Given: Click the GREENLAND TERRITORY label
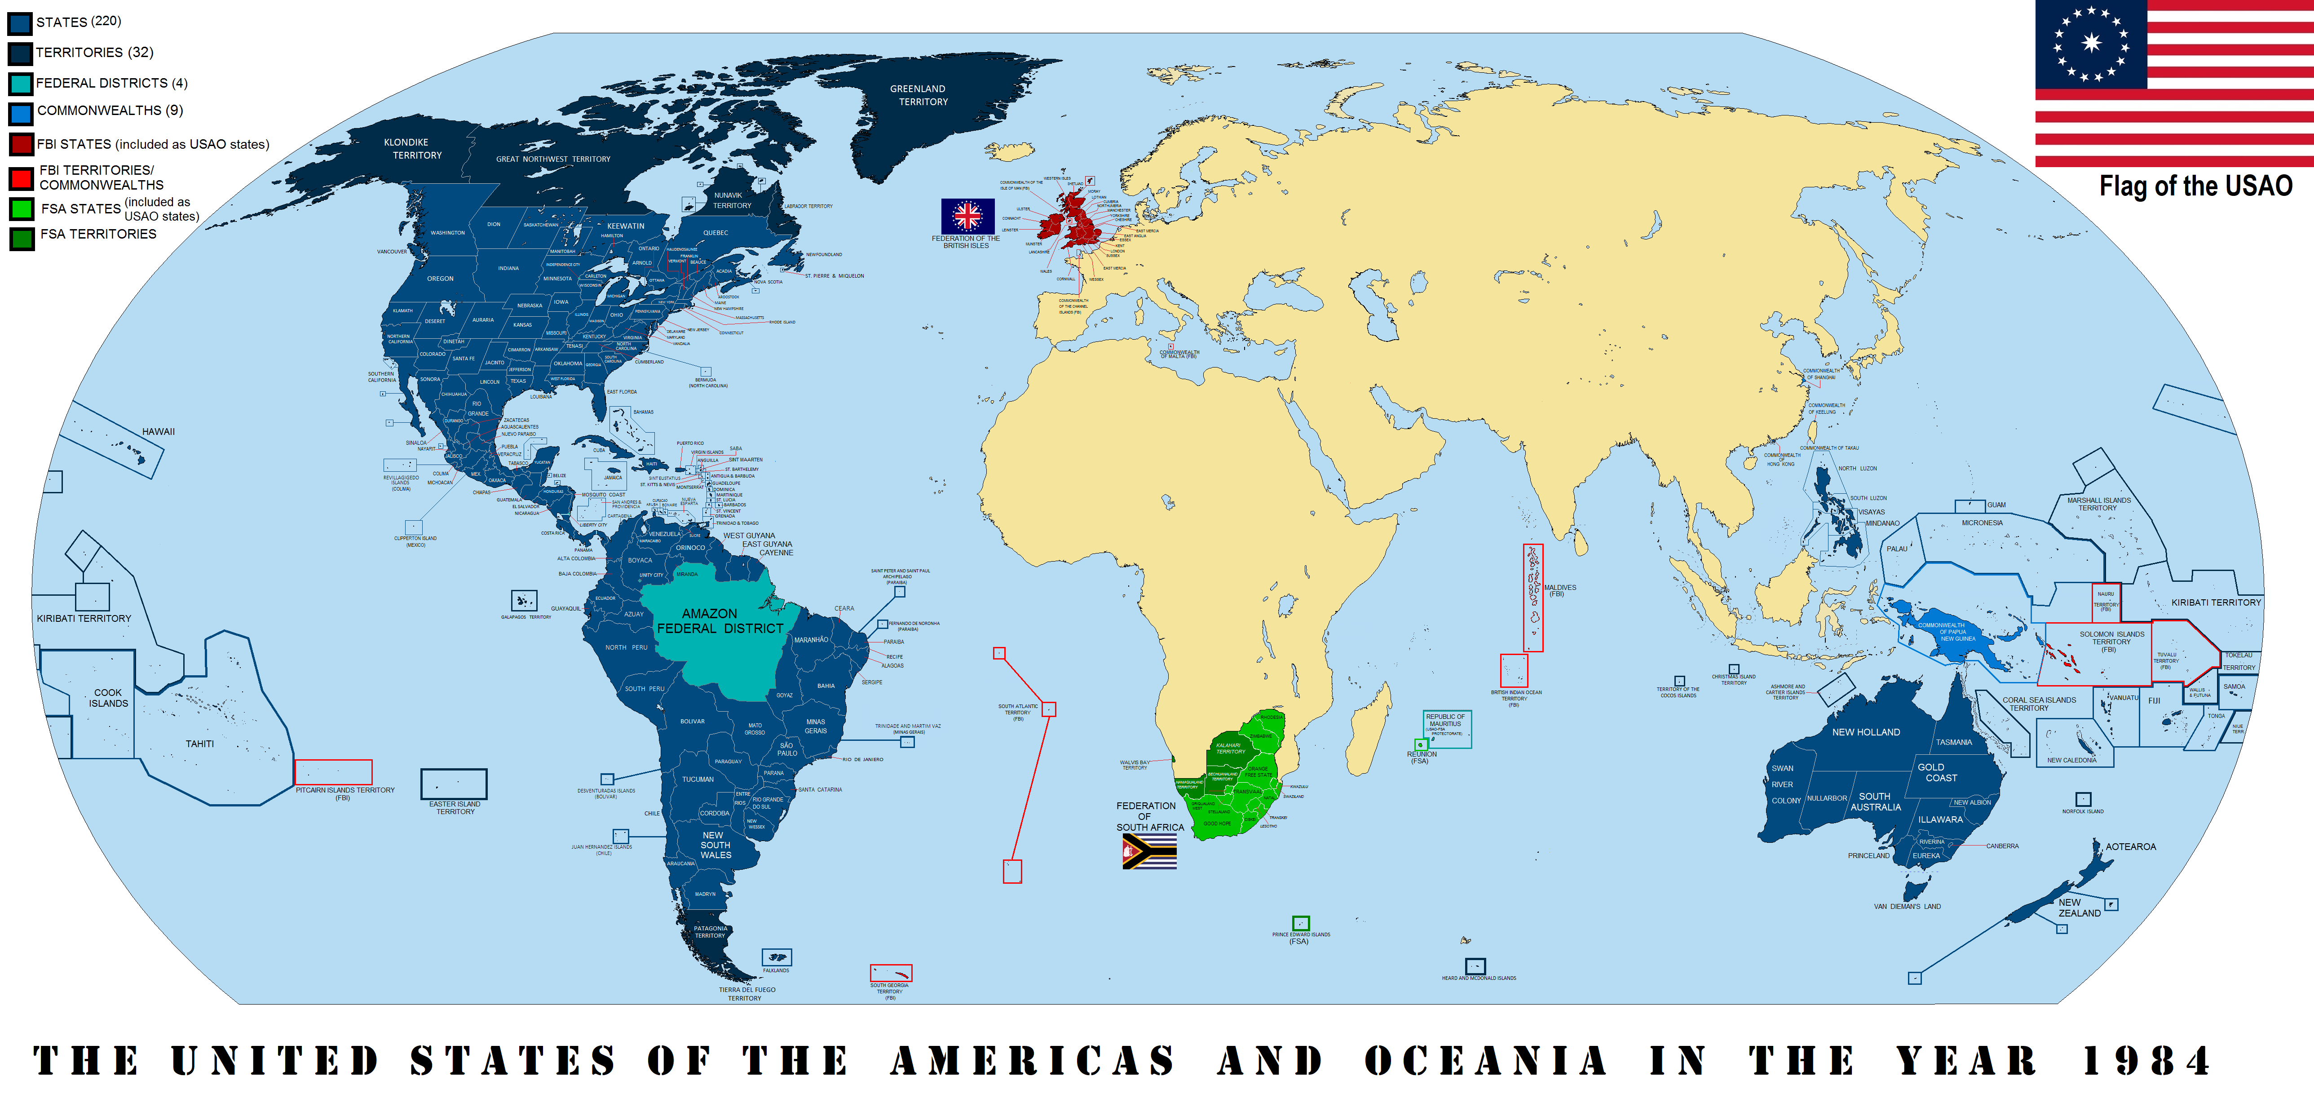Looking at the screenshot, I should [918, 95].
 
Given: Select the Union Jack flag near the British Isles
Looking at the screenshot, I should [967, 216].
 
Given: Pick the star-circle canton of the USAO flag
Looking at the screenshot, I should [2091, 43].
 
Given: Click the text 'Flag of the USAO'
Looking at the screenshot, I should [2195, 186].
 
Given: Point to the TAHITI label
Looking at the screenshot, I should [199, 744].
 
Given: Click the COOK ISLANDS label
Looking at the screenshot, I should [109, 698].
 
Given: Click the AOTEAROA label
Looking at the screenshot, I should [2131, 846].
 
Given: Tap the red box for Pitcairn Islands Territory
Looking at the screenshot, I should [333, 772].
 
